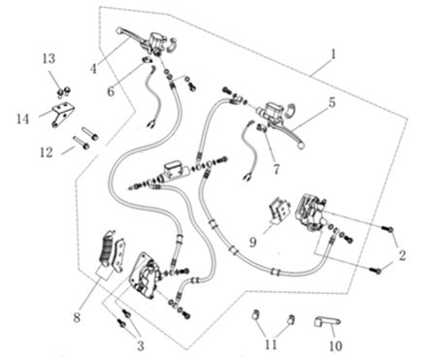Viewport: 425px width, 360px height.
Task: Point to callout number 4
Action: (x=93, y=68)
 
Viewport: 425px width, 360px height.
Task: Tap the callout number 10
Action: (x=335, y=344)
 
